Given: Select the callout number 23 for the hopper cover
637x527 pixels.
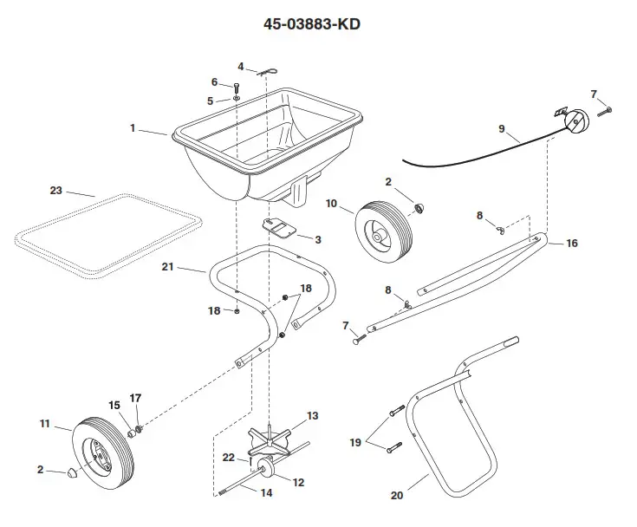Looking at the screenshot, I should pos(56,191).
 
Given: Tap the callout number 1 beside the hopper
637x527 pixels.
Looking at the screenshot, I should pos(133,128).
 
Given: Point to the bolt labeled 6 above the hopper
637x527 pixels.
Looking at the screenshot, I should pos(237,85).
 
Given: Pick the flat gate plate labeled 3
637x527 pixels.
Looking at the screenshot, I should pos(279,228).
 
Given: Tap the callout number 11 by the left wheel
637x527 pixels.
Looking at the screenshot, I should pos(45,424).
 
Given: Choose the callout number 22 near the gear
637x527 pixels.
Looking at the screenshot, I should pos(228,457).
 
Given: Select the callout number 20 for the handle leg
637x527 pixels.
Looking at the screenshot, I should pos(397,497).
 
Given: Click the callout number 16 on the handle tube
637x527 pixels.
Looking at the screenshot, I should pos(571,244).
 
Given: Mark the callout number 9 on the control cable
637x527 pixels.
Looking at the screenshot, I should pos(501,129).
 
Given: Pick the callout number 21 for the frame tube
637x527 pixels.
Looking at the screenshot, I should pos(168,268).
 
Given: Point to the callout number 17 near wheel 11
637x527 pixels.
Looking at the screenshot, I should pos(135,398).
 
